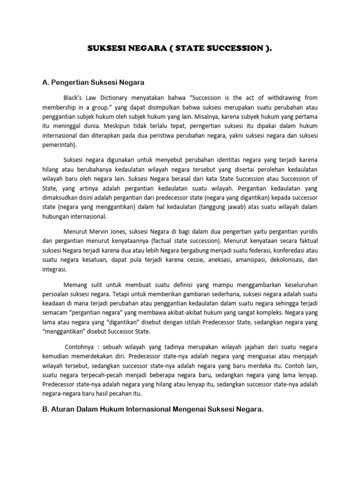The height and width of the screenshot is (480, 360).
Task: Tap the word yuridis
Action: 307,231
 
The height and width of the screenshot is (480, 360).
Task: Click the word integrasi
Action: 55,270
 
